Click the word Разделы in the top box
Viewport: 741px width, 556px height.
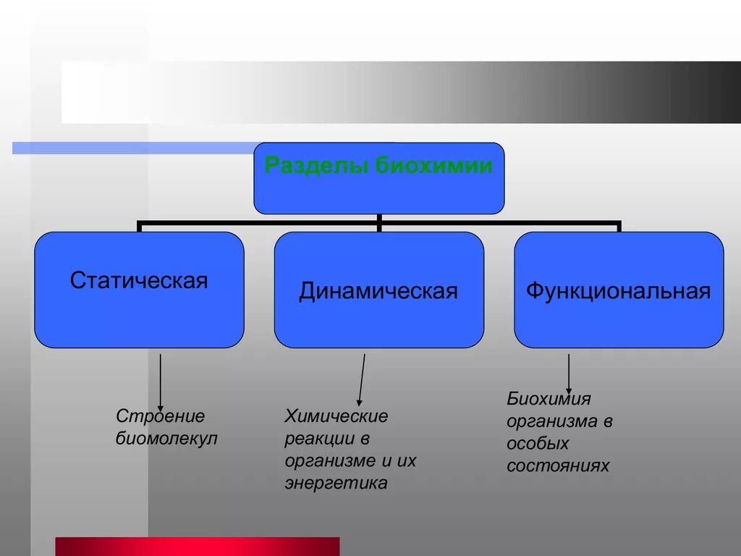(317, 166)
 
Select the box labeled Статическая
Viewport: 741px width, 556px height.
(139, 290)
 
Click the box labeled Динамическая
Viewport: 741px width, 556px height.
(378, 290)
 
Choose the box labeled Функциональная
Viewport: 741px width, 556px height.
(619, 290)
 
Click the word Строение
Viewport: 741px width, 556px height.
(161, 416)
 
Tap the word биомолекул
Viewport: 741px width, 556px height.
(166, 439)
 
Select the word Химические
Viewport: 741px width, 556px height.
(336, 416)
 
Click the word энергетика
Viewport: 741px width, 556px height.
(336, 483)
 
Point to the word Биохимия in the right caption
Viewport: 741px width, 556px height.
(549, 398)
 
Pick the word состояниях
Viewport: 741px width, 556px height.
(558, 466)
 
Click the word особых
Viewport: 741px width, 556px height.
(538, 443)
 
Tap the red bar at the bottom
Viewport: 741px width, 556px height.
(197, 546)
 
